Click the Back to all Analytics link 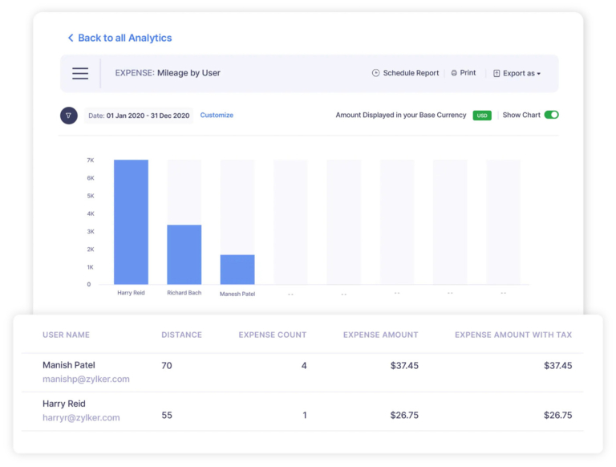[120, 38]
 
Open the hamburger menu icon [80, 73]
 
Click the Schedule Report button [406, 73]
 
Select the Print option [464, 73]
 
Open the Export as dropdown [517, 73]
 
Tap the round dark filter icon [69, 116]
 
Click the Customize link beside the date [217, 116]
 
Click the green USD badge [482, 116]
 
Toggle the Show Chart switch [551, 115]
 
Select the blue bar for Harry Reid [131, 222]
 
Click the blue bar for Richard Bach [184, 254]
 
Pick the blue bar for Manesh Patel [237, 270]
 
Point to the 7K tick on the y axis [91, 160]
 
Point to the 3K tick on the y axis [91, 231]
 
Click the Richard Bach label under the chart [184, 293]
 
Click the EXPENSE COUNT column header [273, 335]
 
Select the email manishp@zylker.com [86, 379]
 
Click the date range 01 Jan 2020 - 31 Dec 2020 [139, 116]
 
